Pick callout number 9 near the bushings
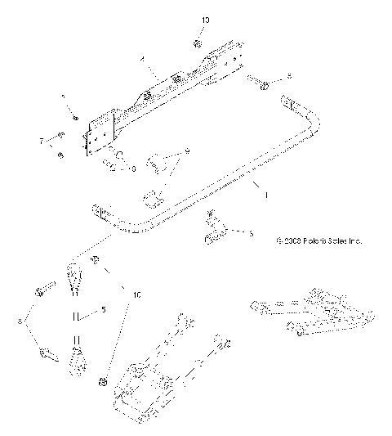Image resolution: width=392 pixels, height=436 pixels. (x=186, y=151)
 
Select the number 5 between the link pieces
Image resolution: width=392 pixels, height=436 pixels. (x=103, y=309)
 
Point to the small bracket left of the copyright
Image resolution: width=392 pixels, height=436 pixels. (x=213, y=230)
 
